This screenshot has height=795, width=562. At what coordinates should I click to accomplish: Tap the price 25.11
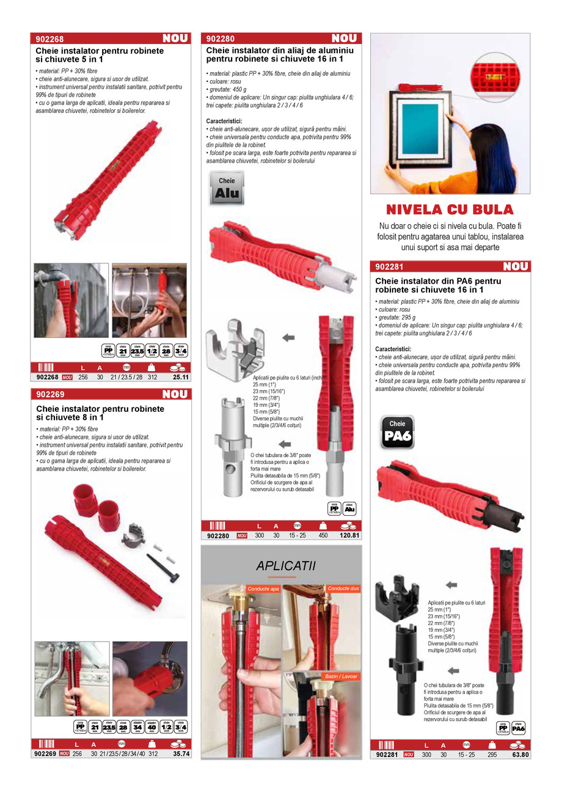coord(180,377)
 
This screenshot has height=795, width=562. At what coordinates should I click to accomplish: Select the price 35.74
coord(181,753)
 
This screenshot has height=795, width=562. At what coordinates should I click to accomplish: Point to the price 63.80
coord(520,755)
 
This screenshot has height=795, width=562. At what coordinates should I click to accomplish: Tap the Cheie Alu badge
coord(227,188)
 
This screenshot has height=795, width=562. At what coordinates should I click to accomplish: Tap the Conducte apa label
coord(263,589)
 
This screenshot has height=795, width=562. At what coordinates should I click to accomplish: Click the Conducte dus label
coord(343,588)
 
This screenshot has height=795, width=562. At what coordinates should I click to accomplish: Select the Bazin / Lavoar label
coord(341,676)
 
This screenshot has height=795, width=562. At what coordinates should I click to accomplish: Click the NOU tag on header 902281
coord(516,266)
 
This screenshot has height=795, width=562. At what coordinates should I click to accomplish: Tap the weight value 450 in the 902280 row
coord(323,536)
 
